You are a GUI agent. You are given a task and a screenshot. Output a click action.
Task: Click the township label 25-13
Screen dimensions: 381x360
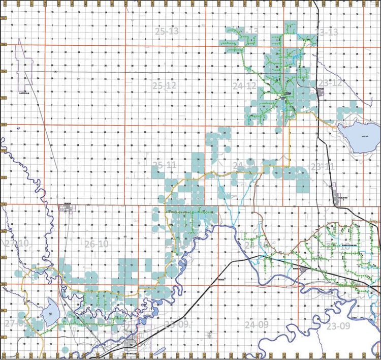[x=167, y=32]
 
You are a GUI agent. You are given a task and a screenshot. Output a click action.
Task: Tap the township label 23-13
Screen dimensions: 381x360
[x=326, y=32]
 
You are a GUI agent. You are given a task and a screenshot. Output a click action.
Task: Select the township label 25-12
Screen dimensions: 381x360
[x=164, y=85]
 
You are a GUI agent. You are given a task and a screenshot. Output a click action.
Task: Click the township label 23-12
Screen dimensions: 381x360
[x=330, y=82]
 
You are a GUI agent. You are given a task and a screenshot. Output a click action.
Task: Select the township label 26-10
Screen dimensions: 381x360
[x=97, y=245]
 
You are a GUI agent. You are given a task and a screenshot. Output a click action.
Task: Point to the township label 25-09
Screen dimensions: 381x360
[x=177, y=324]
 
